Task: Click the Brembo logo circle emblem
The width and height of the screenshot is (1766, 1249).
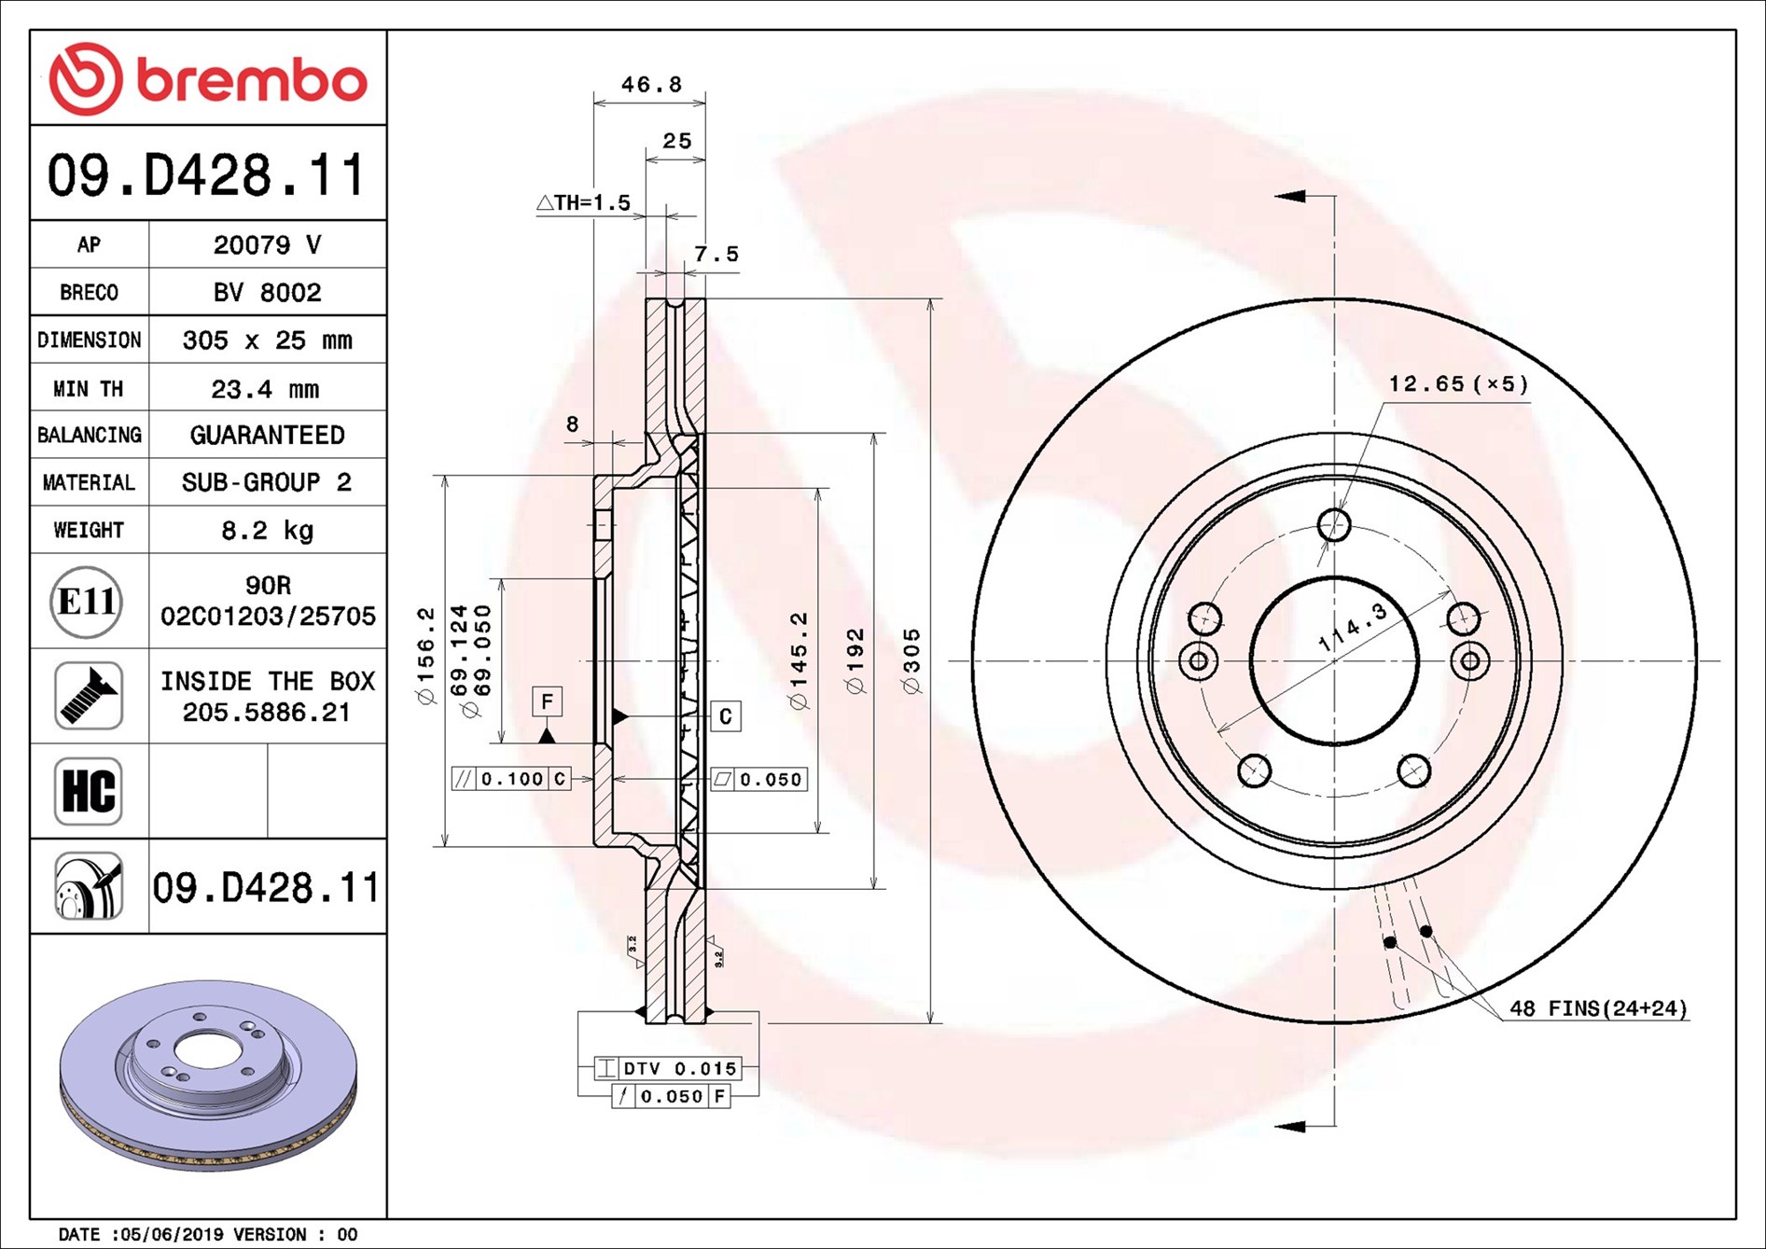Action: click(x=85, y=78)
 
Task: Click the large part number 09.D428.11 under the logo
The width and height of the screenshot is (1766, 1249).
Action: click(x=207, y=175)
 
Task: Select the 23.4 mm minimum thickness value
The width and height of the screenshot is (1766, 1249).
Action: click(x=266, y=388)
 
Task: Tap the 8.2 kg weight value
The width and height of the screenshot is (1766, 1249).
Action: click(x=267, y=530)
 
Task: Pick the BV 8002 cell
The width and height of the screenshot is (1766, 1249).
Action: click(x=268, y=292)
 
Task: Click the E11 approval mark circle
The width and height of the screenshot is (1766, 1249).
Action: click(x=87, y=602)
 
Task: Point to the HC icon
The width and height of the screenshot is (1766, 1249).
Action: click(x=89, y=791)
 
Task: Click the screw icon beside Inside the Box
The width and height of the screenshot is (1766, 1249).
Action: click(x=89, y=696)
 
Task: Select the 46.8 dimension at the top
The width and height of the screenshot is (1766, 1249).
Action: click(x=651, y=85)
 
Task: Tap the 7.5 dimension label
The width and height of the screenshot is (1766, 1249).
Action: click(x=716, y=254)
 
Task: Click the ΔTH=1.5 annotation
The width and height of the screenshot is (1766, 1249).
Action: click(x=584, y=202)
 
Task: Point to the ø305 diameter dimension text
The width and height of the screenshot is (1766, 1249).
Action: click(x=911, y=661)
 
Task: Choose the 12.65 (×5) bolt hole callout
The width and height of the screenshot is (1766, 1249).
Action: click(x=1459, y=383)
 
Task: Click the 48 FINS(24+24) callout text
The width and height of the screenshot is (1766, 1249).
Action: click(x=1599, y=1008)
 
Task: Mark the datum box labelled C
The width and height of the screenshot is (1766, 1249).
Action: click(x=726, y=716)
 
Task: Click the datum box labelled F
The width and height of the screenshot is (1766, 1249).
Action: click(x=548, y=701)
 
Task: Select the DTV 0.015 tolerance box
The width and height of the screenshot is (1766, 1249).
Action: click(x=668, y=1068)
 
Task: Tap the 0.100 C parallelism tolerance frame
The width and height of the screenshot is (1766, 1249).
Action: click(x=510, y=779)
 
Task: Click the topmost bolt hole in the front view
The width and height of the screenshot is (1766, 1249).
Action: click(x=1334, y=525)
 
